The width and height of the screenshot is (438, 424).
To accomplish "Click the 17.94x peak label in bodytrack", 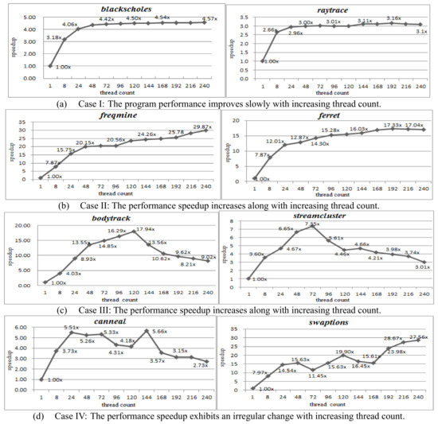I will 145,230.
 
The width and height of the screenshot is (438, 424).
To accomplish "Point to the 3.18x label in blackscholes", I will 56,37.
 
